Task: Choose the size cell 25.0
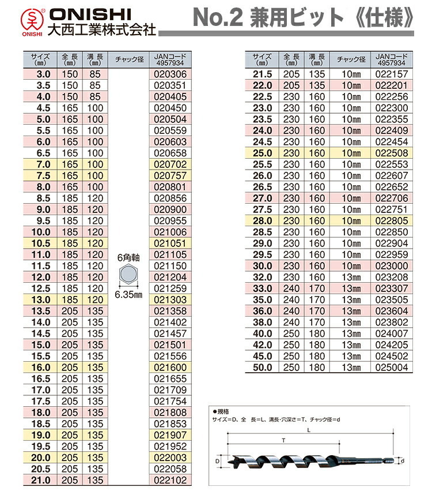click(x=262, y=153)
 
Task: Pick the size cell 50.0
click(x=262, y=367)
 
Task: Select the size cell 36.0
click(x=262, y=310)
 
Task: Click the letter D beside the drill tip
click(x=218, y=461)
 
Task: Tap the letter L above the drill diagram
click(x=310, y=430)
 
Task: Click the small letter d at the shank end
click(x=403, y=460)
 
